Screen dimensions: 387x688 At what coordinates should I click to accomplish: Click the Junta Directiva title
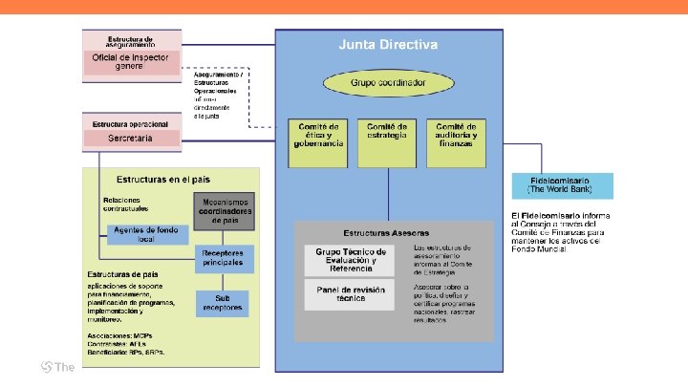388,45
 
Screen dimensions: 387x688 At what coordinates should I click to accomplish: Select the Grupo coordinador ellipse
388,83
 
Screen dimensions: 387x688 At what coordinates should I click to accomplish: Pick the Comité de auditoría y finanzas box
456,135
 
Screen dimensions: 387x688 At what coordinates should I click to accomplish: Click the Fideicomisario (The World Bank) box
562,184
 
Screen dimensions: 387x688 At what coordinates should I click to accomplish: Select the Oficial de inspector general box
131,62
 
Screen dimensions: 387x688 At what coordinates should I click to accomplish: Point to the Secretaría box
131,140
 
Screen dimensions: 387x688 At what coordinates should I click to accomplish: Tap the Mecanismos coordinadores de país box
225,210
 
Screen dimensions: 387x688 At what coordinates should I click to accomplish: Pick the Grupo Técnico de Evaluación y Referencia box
353,260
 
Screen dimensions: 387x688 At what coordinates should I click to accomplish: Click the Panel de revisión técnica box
353,292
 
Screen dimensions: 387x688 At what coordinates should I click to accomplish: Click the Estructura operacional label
131,124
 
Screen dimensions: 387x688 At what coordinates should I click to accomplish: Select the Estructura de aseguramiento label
131,39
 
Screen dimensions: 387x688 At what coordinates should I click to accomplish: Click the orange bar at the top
344,7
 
